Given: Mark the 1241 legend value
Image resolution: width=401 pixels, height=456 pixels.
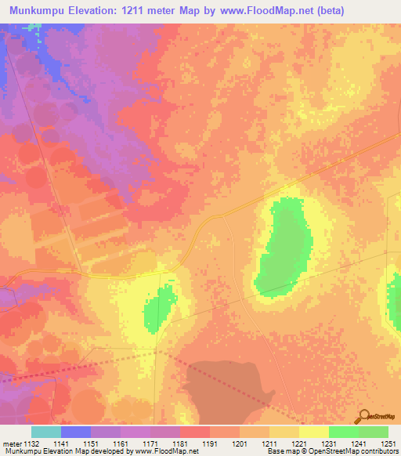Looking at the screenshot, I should pyautogui.click(x=357, y=443).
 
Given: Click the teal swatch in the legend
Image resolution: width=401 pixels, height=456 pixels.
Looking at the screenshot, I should pyautogui.click(x=45, y=432).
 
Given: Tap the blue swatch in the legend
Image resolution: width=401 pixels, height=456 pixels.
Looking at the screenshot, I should pyautogui.click(x=75, y=432).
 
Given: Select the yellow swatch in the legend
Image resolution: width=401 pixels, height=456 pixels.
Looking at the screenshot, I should pyautogui.click(x=313, y=432).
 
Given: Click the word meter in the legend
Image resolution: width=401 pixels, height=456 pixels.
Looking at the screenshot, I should pyautogui.click(x=11, y=443).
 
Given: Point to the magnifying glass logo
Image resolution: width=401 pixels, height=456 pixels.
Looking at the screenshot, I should pyautogui.click(x=364, y=415).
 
